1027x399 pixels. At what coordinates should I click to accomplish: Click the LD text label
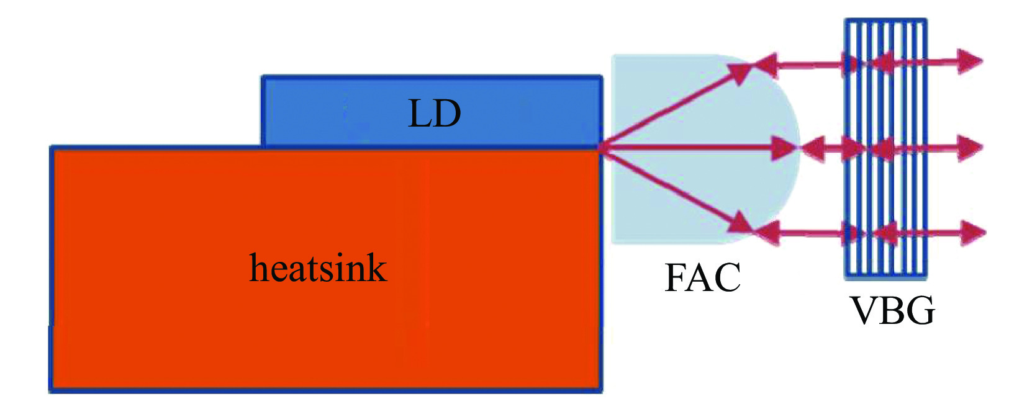[x=434, y=114]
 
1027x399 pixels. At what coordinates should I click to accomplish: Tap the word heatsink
[x=318, y=268]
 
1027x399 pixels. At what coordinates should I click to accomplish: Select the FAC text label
[x=702, y=277]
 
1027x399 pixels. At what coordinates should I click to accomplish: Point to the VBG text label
[x=893, y=310]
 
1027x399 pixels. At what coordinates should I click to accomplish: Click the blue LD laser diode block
[x=348, y=112]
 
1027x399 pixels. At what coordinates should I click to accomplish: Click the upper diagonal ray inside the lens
[x=677, y=105]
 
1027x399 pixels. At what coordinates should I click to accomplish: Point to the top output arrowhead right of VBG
[x=969, y=61]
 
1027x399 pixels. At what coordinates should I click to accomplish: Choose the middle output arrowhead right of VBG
[x=969, y=148]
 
